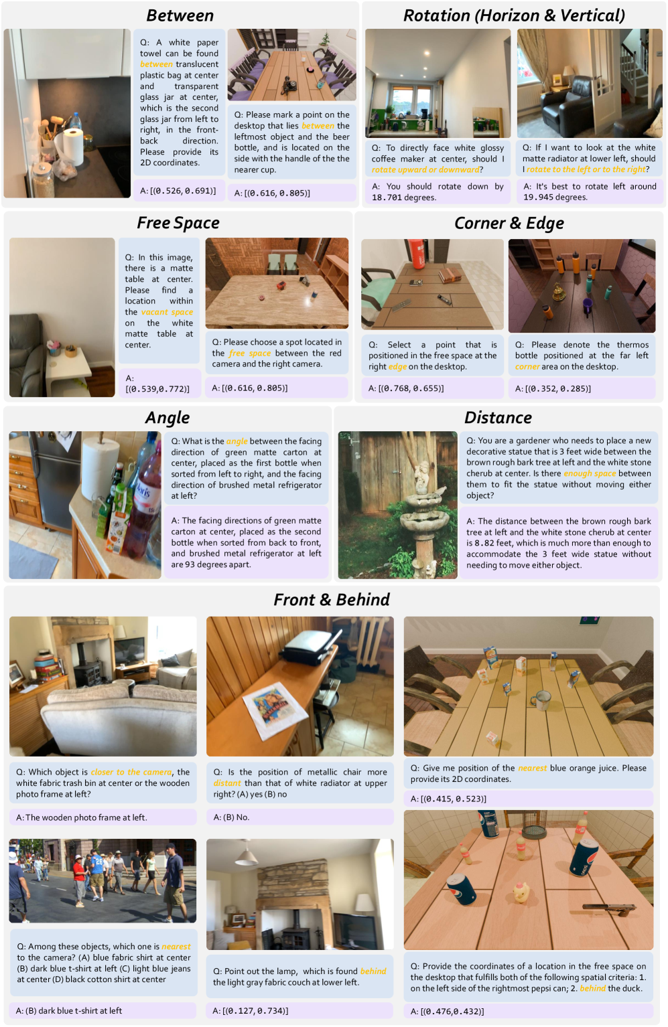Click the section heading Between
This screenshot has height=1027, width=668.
coord(180,15)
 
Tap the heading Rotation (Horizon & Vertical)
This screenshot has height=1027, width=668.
coord(514,15)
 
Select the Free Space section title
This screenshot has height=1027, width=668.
coord(178,223)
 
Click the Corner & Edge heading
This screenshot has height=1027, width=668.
coord(509,224)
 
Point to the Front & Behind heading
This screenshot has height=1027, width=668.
coord(331,600)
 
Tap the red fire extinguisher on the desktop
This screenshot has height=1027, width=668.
coord(418,254)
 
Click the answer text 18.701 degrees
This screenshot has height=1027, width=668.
coord(404,197)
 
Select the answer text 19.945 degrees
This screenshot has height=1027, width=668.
coord(555,197)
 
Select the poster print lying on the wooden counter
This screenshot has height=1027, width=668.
coord(275,710)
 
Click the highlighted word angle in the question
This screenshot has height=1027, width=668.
coord(237,441)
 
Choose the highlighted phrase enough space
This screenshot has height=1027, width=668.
coord(590,473)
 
